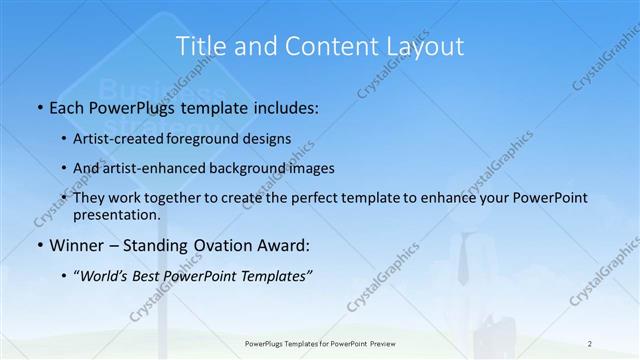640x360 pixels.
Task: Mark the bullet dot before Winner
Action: (x=40, y=245)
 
